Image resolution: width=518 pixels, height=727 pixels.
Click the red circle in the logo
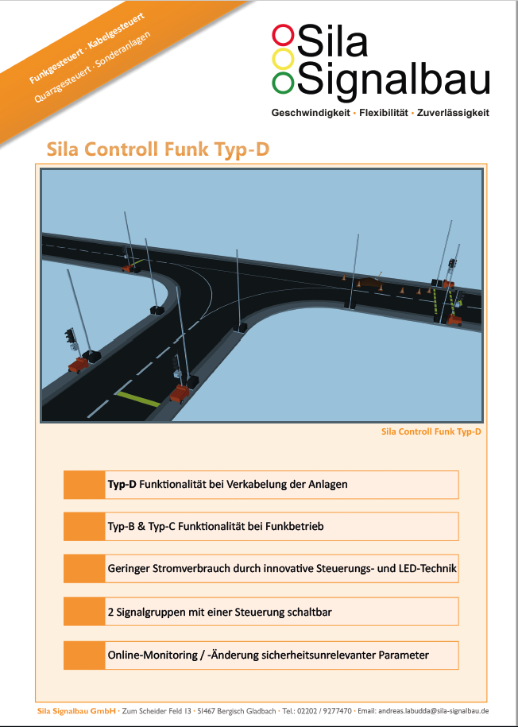pyautogui.click(x=283, y=36)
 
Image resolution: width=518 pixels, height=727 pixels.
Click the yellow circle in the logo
pyautogui.click(x=283, y=59)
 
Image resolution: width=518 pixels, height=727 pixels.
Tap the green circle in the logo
pyautogui.click(x=283, y=82)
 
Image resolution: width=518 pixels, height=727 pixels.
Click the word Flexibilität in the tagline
pyautogui.click(x=384, y=113)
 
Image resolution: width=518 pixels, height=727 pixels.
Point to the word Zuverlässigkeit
pyautogui.click(x=453, y=113)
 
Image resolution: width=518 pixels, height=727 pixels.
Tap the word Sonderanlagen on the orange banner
pyautogui.click(x=123, y=51)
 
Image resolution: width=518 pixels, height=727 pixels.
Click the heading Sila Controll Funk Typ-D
pyautogui.click(x=157, y=149)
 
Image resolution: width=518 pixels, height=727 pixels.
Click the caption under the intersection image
pyautogui.click(x=431, y=431)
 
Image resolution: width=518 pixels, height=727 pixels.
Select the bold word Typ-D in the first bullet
pyautogui.click(x=122, y=485)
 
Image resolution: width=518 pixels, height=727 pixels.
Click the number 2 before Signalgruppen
pyautogui.click(x=110, y=612)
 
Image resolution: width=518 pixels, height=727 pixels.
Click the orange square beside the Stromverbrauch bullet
pyautogui.click(x=84, y=568)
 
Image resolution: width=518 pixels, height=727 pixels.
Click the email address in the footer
pyautogui.click(x=433, y=711)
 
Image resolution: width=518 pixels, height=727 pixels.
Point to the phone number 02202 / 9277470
pyautogui.click(x=323, y=711)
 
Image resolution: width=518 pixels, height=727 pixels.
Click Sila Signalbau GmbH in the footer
pyautogui.click(x=76, y=711)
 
